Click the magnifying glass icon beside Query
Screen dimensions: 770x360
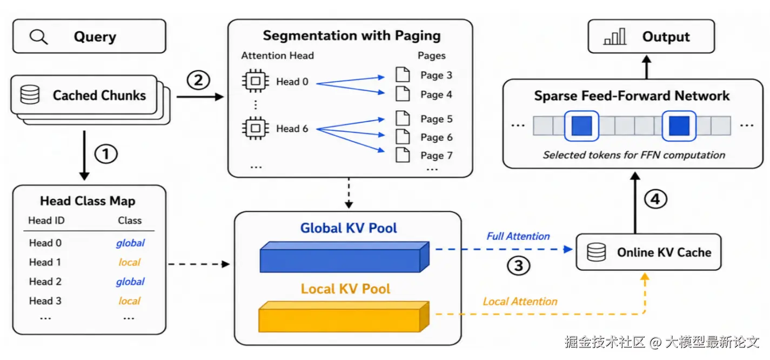(x=38, y=37)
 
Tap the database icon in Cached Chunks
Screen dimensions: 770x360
(x=30, y=95)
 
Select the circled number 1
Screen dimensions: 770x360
(x=106, y=154)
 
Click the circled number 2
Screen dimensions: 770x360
(x=198, y=81)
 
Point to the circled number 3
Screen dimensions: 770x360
(x=518, y=266)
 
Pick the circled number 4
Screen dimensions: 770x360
(x=655, y=199)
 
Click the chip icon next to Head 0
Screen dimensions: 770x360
(x=256, y=81)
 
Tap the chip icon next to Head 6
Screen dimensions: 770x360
(x=256, y=128)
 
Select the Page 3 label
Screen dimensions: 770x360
(x=436, y=75)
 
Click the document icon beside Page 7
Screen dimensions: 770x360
(x=403, y=155)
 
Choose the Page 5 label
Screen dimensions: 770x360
(x=436, y=119)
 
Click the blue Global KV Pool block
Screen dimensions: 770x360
(x=344, y=257)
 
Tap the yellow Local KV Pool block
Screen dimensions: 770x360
(x=344, y=317)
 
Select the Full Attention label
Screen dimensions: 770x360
(x=518, y=236)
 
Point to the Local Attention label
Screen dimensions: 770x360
(x=520, y=302)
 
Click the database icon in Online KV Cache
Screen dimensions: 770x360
(x=597, y=252)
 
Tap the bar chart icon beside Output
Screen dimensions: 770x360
(x=614, y=36)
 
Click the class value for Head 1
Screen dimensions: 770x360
(x=129, y=262)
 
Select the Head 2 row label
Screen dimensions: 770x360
(x=45, y=282)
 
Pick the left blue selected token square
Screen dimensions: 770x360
(x=581, y=126)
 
